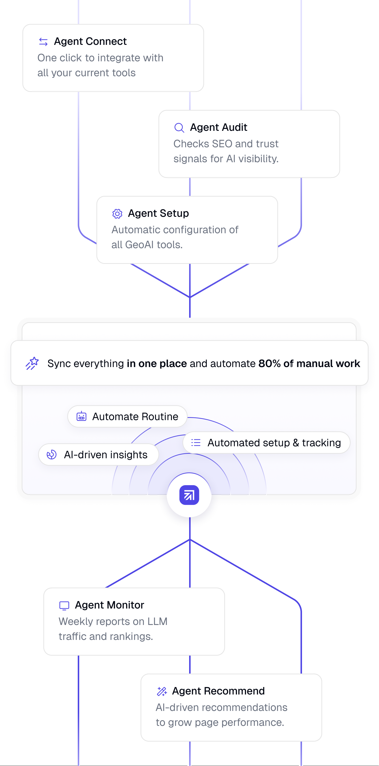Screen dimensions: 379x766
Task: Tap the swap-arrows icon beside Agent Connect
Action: (x=43, y=42)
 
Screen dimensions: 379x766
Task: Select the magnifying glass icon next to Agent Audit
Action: (x=179, y=128)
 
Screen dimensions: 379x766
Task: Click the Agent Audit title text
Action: (x=219, y=127)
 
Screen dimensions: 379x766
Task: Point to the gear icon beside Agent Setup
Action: (x=117, y=214)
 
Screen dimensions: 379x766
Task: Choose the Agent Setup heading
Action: (x=158, y=213)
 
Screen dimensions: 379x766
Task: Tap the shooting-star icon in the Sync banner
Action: (x=32, y=363)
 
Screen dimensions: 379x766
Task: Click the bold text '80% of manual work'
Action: (x=309, y=363)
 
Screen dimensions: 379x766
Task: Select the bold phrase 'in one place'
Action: (x=157, y=363)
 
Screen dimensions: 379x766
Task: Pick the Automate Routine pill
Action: (x=127, y=416)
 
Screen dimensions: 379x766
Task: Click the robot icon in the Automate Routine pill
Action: (x=81, y=416)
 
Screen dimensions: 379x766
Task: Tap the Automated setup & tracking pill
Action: (x=266, y=443)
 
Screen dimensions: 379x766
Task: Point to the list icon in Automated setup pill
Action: (x=196, y=443)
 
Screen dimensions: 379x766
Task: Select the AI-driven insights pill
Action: (x=98, y=454)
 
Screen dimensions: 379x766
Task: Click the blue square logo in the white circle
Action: (x=189, y=495)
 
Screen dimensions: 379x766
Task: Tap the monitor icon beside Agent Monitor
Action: (x=64, y=606)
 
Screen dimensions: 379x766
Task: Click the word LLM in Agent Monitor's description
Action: (x=157, y=621)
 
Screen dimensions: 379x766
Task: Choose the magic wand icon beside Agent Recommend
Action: (x=162, y=691)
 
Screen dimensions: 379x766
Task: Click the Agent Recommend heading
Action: (x=218, y=691)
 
